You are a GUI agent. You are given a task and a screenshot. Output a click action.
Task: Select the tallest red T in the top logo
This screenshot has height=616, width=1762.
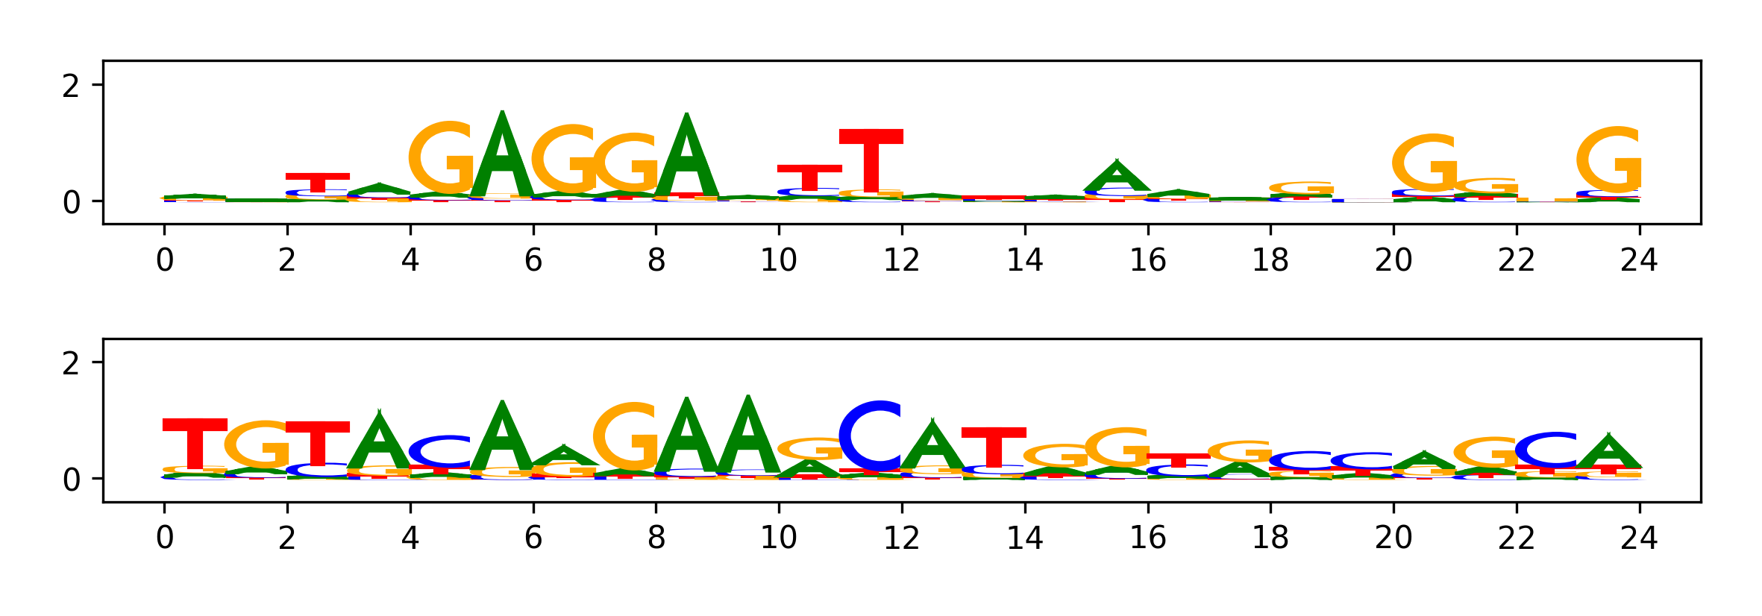871,160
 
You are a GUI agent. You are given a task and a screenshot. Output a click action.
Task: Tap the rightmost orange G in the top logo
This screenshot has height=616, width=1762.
1609,160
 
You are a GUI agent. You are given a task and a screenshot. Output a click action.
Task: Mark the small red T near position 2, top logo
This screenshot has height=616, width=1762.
318,182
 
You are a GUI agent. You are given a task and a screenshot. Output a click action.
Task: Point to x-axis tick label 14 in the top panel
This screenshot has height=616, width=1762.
1025,260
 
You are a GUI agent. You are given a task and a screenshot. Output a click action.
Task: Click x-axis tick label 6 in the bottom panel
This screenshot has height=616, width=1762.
533,538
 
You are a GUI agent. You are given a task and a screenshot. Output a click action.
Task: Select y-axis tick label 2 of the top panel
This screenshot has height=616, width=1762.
71,87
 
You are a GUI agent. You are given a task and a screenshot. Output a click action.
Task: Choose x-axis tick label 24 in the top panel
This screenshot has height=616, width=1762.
1639,260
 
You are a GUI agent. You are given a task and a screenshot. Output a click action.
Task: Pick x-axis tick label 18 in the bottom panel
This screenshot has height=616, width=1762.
1270,538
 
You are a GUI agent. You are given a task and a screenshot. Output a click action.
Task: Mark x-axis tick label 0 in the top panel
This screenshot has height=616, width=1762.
165,260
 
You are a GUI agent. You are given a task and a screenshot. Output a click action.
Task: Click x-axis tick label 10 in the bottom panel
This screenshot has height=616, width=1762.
779,538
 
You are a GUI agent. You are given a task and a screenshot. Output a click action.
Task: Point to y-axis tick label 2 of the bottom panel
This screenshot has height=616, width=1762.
71,365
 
